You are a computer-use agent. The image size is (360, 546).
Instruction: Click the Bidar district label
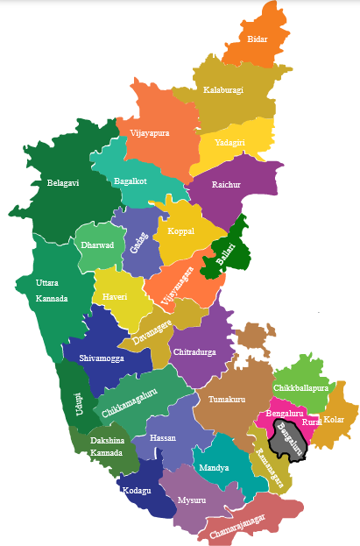[x=258, y=40]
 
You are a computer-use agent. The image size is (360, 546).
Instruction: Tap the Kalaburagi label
[x=223, y=90]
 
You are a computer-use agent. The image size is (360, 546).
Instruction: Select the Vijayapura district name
[x=150, y=133]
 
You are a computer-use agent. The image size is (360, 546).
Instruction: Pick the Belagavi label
[x=63, y=183]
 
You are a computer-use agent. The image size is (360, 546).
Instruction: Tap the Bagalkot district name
[x=131, y=181]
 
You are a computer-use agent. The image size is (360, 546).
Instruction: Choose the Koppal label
[x=181, y=231]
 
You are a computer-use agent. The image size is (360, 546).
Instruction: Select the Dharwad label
[x=97, y=245]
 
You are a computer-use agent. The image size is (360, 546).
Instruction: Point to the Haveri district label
[x=115, y=296]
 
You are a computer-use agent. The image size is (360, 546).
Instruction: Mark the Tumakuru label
[x=227, y=399]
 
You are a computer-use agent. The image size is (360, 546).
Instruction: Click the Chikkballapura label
[x=300, y=386]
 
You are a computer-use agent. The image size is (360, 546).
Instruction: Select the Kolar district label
[x=335, y=420]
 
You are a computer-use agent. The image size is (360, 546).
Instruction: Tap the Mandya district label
[x=214, y=467]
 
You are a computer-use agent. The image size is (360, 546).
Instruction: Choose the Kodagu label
[x=137, y=490]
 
